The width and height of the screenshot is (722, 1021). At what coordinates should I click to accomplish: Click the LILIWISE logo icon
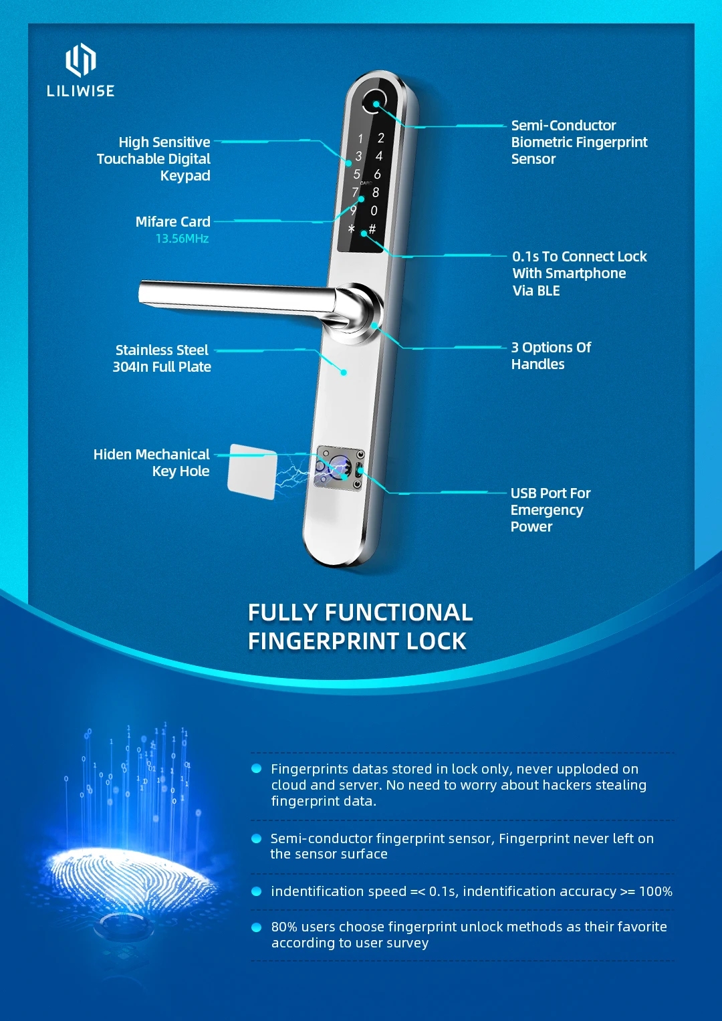coord(80,60)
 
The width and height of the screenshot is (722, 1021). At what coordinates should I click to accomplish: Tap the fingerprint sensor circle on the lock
coord(374,102)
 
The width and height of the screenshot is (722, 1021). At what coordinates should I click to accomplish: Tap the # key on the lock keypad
coord(372,229)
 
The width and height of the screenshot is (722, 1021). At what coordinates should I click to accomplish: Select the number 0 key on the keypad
coord(374,211)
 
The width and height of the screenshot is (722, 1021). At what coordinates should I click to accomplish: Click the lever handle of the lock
coord(241,297)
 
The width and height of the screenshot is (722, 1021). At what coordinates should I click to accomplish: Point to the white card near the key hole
coord(252,471)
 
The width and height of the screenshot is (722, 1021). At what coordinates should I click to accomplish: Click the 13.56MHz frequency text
coord(182,239)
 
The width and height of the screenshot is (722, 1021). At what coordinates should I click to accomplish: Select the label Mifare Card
coord(172,221)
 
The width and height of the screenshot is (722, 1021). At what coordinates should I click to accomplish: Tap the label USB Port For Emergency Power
coord(550,509)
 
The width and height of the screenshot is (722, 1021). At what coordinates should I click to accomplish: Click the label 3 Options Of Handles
coord(551,356)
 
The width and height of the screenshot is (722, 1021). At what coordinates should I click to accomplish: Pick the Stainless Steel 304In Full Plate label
coord(162,358)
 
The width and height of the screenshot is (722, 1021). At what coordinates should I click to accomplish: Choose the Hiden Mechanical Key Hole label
coord(152,463)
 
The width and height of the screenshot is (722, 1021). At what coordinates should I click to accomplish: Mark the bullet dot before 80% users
coord(256,927)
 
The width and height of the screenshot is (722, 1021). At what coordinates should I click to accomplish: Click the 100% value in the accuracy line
coord(655,891)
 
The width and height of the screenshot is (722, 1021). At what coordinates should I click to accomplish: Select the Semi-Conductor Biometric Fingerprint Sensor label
coord(579,142)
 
